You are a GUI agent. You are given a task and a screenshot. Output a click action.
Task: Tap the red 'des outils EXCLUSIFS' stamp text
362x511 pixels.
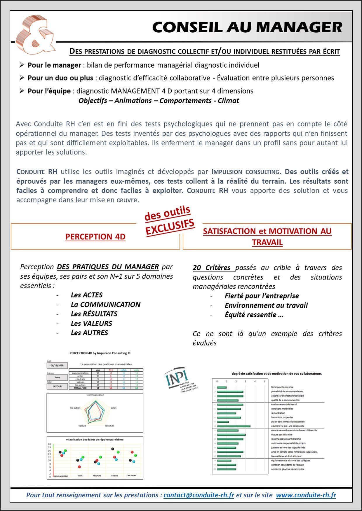coord(169,220)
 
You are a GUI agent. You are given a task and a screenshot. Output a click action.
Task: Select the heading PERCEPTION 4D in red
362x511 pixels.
coord(95,237)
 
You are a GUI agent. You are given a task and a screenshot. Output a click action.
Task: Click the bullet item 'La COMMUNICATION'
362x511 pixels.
coord(105,305)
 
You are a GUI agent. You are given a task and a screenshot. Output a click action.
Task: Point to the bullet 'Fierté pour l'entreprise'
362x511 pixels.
coord(262,296)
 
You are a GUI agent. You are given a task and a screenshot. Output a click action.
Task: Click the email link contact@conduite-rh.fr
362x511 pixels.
coord(199,495)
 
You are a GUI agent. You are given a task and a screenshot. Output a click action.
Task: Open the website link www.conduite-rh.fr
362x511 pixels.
coord(306,495)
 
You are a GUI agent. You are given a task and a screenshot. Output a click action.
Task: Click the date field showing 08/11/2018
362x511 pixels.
coord(57,365)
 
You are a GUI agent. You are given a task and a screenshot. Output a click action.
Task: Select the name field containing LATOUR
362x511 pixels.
coord(57,386)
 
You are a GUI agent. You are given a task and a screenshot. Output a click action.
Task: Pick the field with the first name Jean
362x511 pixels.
coord(57,377)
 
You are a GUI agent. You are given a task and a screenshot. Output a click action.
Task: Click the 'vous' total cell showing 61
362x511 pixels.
coord(98,388)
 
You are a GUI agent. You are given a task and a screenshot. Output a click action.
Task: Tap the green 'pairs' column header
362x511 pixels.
coord(136,370)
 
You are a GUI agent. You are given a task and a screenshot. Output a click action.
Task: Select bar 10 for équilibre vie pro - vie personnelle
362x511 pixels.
coord(234,426)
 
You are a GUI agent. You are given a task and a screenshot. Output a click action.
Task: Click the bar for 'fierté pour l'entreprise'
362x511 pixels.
coord(222,387)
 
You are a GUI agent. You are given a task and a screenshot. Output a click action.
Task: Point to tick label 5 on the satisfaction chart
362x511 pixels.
coord(264,381)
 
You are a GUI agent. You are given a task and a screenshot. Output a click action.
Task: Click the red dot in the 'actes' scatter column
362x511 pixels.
coord(79,467)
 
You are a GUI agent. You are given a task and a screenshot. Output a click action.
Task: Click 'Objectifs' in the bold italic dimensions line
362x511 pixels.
coord(93,101)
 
